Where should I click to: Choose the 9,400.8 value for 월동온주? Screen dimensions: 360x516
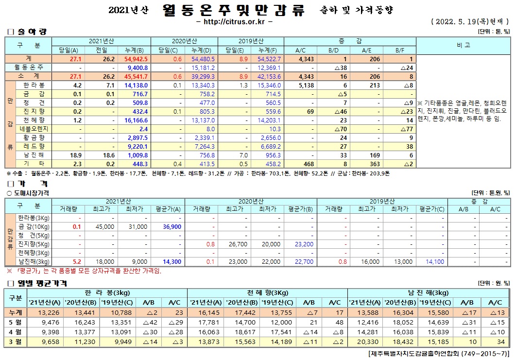138,68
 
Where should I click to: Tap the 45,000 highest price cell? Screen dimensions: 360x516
105,226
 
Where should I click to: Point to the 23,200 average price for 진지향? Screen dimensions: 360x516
304,244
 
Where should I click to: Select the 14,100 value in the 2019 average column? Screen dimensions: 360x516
434,261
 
